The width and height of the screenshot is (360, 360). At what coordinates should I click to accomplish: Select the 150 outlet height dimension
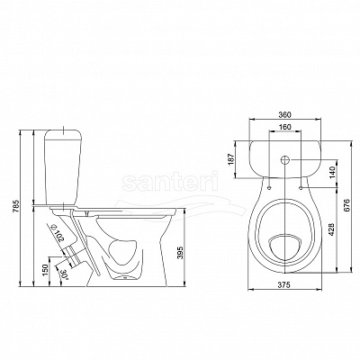tap(45, 269)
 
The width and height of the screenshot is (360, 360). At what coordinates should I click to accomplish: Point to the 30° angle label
tap(63, 274)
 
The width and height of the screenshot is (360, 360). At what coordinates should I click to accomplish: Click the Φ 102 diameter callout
tap(58, 233)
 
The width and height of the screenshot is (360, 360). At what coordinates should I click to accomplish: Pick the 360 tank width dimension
tap(284, 114)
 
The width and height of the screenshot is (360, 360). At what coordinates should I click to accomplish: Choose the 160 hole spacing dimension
tap(284, 127)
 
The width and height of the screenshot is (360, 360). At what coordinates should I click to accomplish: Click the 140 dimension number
tap(333, 174)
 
